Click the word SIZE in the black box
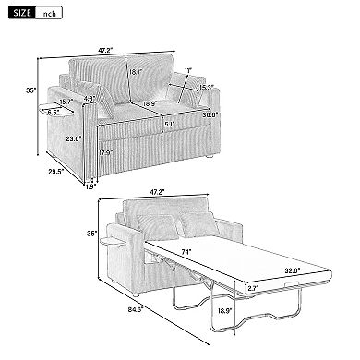click(x=22, y=13)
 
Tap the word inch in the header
click(x=48, y=14)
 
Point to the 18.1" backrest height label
click(x=135, y=72)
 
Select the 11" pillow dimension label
click(x=188, y=70)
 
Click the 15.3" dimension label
click(x=206, y=87)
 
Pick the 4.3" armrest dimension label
click(x=90, y=99)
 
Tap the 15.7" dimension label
click(x=66, y=102)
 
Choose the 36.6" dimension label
click(x=210, y=114)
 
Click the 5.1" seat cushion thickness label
click(x=169, y=125)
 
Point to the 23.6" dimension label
click(x=73, y=138)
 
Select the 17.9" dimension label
click(x=106, y=152)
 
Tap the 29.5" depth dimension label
click(x=55, y=172)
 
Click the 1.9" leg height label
click(x=90, y=186)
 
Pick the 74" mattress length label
click(x=186, y=251)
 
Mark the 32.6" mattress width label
click(x=293, y=271)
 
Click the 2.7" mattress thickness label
click(x=253, y=288)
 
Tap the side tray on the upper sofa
click(x=56, y=111)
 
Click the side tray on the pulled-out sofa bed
click(x=114, y=242)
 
